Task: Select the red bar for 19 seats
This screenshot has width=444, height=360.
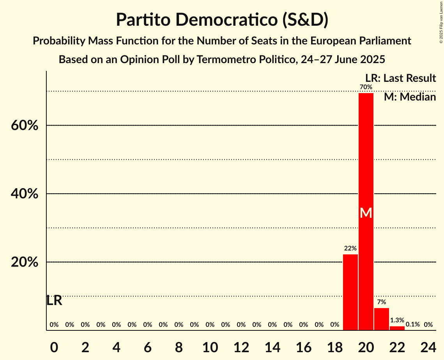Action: tap(350, 292)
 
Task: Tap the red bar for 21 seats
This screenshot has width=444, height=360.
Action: tap(381, 319)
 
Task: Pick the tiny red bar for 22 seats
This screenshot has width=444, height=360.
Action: tap(397, 328)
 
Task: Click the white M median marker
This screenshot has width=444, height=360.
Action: tap(366, 213)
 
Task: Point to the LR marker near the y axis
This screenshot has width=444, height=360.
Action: tap(54, 300)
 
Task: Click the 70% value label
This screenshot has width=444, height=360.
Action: tap(366, 87)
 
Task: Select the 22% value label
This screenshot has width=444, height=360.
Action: tap(350, 248)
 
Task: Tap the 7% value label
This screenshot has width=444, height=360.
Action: tap(381, 302)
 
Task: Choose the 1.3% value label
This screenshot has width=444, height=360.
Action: tap(397, 320)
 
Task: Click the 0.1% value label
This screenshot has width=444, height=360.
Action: tap(412, 324)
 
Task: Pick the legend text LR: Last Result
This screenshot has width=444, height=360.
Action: tap(400, 78)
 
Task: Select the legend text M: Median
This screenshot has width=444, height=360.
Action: tap(410, 97)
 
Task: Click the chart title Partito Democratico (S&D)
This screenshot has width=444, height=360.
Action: tap(222, 20)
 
